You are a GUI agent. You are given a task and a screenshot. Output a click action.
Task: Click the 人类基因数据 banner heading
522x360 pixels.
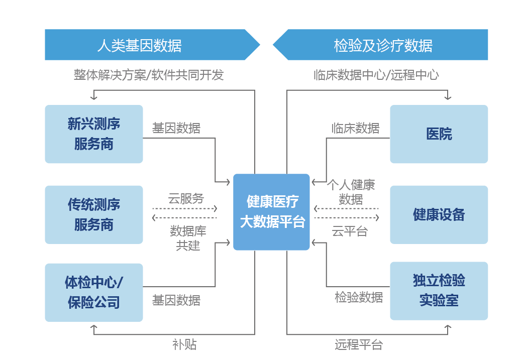(139, 45)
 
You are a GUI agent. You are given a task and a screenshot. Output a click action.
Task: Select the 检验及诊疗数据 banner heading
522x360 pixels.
(383, 45)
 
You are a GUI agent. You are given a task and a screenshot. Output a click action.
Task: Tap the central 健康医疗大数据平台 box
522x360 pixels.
(271, 212)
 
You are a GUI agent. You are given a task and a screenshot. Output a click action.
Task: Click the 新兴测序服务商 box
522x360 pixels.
(94, 134)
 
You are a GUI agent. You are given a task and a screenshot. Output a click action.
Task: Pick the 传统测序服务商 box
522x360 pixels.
(94, 215)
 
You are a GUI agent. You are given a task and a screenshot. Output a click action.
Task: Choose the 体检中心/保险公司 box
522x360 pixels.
(94, 292)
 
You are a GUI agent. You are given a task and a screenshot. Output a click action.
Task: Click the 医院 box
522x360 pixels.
(439, 134)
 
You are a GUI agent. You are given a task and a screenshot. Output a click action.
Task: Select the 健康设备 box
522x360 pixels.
(439, 215)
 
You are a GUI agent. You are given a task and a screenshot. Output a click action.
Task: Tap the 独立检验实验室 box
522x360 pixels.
(439, 291)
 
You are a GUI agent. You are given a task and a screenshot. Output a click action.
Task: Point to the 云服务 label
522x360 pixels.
(186, 198)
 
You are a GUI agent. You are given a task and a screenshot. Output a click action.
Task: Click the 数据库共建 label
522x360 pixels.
(188, 238)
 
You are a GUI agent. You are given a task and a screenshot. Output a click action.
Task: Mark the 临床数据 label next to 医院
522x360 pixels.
(355, 128)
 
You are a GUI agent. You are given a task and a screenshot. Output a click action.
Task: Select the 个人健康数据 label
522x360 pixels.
(351, 192)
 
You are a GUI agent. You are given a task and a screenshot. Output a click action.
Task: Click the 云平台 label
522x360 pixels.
(349, 231)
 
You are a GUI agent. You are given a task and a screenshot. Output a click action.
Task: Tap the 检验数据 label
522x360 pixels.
(359, 297)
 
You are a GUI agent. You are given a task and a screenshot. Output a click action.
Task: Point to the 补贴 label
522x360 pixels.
(184, 344)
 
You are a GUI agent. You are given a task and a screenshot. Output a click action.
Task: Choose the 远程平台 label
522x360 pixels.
(359, 344)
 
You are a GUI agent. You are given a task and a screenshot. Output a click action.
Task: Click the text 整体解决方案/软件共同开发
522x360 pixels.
(149, 75)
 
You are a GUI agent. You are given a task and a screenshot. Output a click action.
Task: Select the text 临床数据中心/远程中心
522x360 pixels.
(376, 75)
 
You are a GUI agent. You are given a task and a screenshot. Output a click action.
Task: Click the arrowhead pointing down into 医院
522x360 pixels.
(448, 97)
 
